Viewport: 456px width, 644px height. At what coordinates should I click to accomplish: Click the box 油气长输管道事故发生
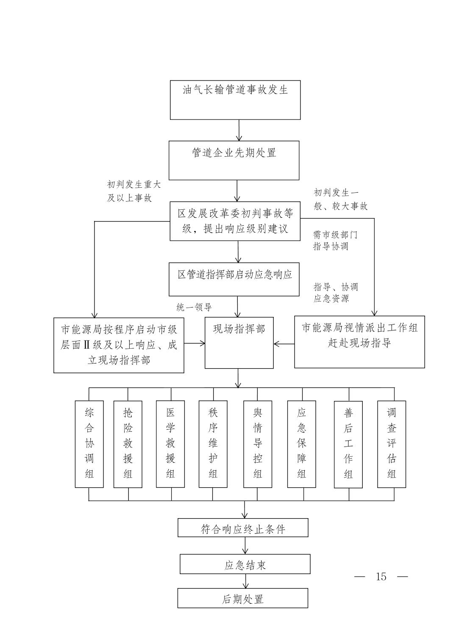click(235, 100)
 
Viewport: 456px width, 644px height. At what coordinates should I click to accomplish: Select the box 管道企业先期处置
click(234, 160)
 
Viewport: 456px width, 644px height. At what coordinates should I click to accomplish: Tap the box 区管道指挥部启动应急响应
click(234, 279)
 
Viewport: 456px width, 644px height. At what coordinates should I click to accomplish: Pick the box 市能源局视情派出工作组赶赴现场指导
click(359, 341)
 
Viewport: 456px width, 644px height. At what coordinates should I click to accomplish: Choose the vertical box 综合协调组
click(89, 444)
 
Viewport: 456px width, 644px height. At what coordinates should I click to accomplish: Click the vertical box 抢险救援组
click(128, 444)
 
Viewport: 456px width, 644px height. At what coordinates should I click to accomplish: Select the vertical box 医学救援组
click(170, 444)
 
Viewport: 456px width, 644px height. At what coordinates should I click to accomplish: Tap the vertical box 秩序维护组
click(213, 444)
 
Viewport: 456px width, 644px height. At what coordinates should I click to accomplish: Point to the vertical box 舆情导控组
click(258, 444)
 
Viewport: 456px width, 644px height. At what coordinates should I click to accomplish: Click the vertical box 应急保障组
click(301, 444)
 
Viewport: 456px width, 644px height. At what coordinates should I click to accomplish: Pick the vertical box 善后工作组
click(348, 444)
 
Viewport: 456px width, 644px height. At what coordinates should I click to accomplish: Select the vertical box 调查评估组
click(392, 444)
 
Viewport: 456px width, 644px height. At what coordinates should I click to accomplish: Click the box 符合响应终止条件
click(243, 527)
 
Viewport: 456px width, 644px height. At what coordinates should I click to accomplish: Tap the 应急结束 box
click(245, 564)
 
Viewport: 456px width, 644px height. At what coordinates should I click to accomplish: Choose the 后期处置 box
click(242, 598)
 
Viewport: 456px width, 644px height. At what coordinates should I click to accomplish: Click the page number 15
click(381, 577)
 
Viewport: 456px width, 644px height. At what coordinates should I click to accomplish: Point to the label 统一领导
click(194, 308)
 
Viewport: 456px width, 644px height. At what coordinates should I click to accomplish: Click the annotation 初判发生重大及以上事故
click(134, 192)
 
